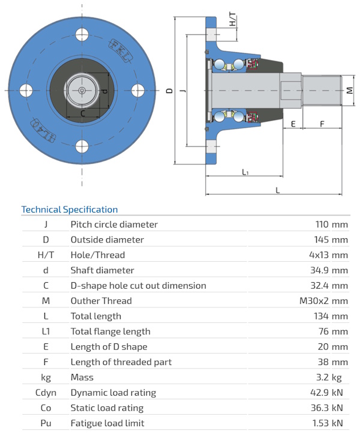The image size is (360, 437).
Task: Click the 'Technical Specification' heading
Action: click(x=70, y=209)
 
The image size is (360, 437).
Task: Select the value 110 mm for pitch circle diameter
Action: click(x=331, y=225)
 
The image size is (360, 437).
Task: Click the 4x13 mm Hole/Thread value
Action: click(x=328, y=255)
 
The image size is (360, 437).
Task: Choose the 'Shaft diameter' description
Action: click(x=103, y=270)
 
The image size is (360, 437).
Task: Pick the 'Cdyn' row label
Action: click(x=46, y=393)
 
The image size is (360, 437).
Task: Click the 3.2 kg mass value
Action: click(x=334, y=378)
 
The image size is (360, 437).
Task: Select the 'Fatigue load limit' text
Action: click(x=107, y=423)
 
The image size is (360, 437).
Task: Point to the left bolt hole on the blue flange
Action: click(x=26, y=91)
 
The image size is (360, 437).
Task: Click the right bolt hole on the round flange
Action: click(x=137, y=91)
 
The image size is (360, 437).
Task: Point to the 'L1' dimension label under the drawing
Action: click(x=245, y=172)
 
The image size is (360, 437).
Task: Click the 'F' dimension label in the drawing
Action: click(x=322, y=124)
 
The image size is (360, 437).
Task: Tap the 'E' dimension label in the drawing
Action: click(x=293, y=124)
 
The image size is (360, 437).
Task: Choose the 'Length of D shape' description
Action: click(x=109, y=347)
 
